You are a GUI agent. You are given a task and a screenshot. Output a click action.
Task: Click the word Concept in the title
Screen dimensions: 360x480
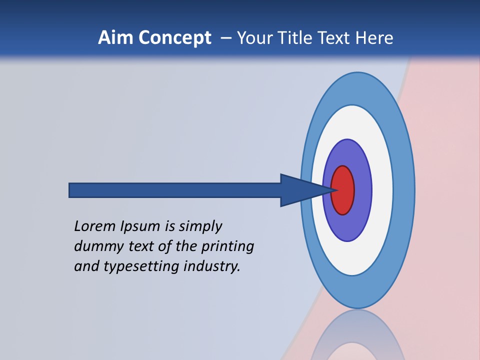(x=174, y=38)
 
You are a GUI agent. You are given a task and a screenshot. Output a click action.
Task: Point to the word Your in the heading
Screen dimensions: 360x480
(x=252, y=38)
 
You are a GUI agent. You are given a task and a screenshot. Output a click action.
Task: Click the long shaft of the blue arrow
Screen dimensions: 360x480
(x=175, y=190)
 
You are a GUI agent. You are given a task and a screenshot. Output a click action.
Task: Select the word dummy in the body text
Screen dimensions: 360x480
(x=96, y=246)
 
